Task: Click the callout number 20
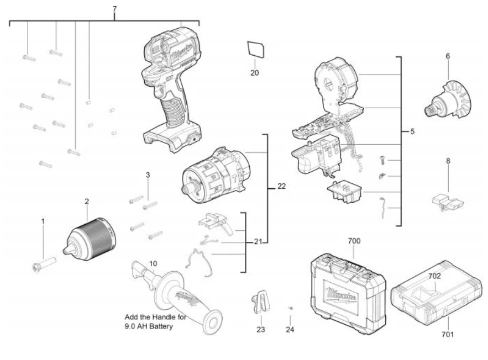click(255, 73)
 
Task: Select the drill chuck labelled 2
click(90, 239)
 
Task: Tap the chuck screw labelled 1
click(44, 264)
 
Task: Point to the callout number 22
click(281, 186)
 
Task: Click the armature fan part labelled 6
click(448, 99)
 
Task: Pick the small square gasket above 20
click(256, 49)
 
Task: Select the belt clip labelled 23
click(260, 302)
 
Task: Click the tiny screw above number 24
click(291, 308)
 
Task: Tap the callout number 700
click(354, 241)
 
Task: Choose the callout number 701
click(448, 335)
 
